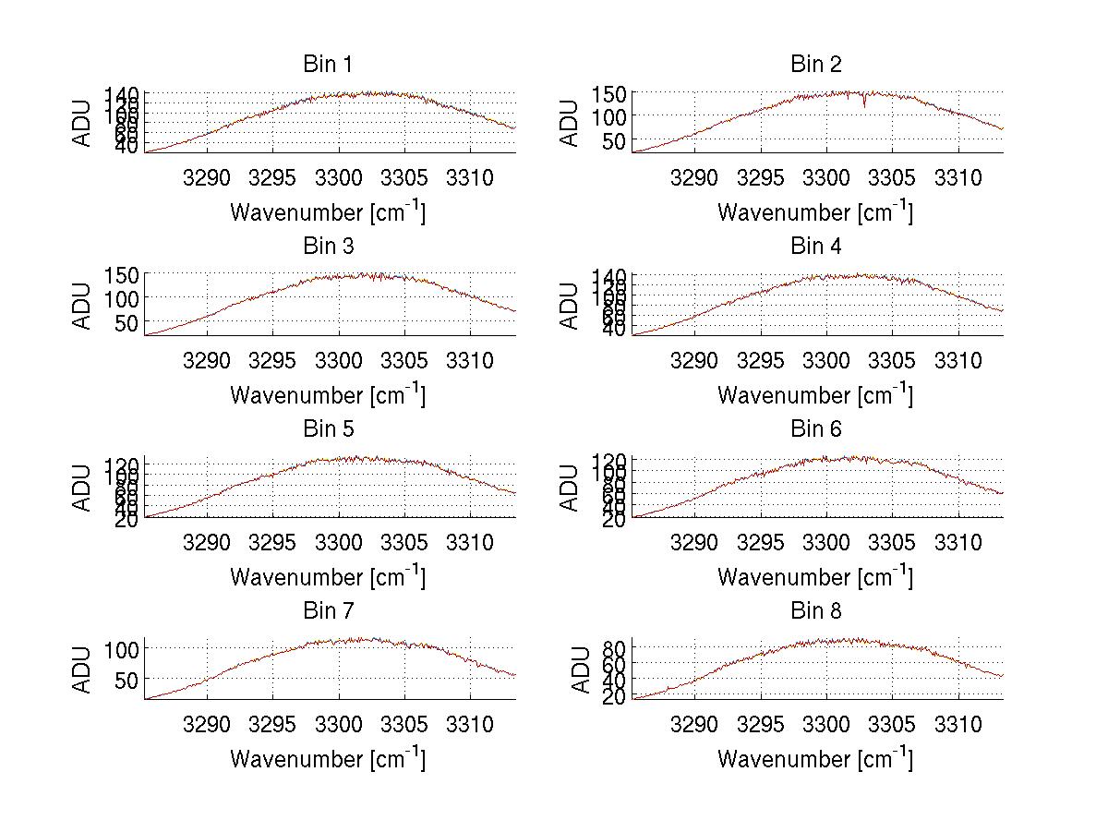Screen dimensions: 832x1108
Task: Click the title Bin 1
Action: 327,65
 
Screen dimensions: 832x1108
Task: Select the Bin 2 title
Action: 815,65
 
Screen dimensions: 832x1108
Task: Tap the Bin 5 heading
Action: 327,429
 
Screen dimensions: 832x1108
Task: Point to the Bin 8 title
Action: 815,611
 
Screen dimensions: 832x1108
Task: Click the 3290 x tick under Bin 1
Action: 208,177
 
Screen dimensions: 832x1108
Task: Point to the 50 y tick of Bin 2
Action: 615,140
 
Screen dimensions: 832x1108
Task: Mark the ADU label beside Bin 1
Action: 83,122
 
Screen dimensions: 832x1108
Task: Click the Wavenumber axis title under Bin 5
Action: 327,577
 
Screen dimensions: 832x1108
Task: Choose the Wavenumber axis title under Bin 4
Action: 815,395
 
